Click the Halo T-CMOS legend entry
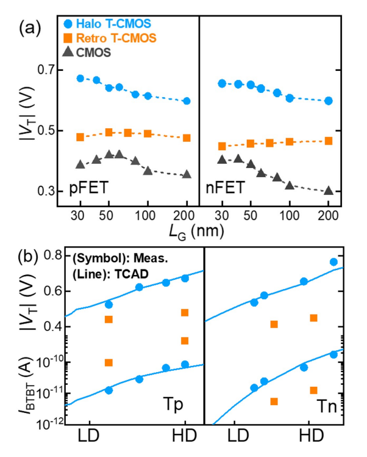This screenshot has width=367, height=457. pos(110,24)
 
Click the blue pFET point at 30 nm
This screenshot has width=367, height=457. pos(80,79)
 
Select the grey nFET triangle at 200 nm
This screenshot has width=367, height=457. pos(329,190)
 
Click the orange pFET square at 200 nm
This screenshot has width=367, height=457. pos(187,138)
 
